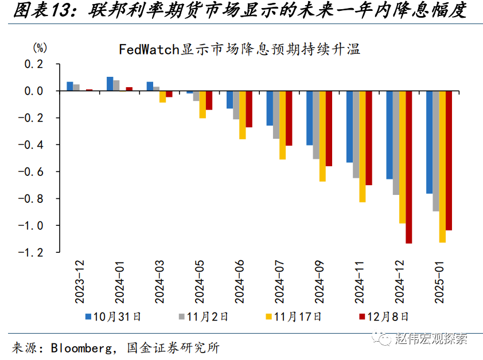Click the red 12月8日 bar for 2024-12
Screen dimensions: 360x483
click(x=408, y=167)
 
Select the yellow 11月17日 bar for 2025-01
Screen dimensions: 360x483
click(x=442, y=166)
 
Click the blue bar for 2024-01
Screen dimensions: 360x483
click(x=110, y=84)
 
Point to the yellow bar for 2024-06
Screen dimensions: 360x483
click(x=242, y=115)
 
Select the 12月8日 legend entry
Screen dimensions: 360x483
click(x=384, y=316)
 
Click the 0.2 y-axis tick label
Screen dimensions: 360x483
click(x=34, y=64)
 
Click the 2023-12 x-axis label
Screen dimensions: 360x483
click(x=80, y=281)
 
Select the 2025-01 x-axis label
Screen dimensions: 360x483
click(x=438, y=281)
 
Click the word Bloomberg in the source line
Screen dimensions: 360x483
click(x=83, y=347)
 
